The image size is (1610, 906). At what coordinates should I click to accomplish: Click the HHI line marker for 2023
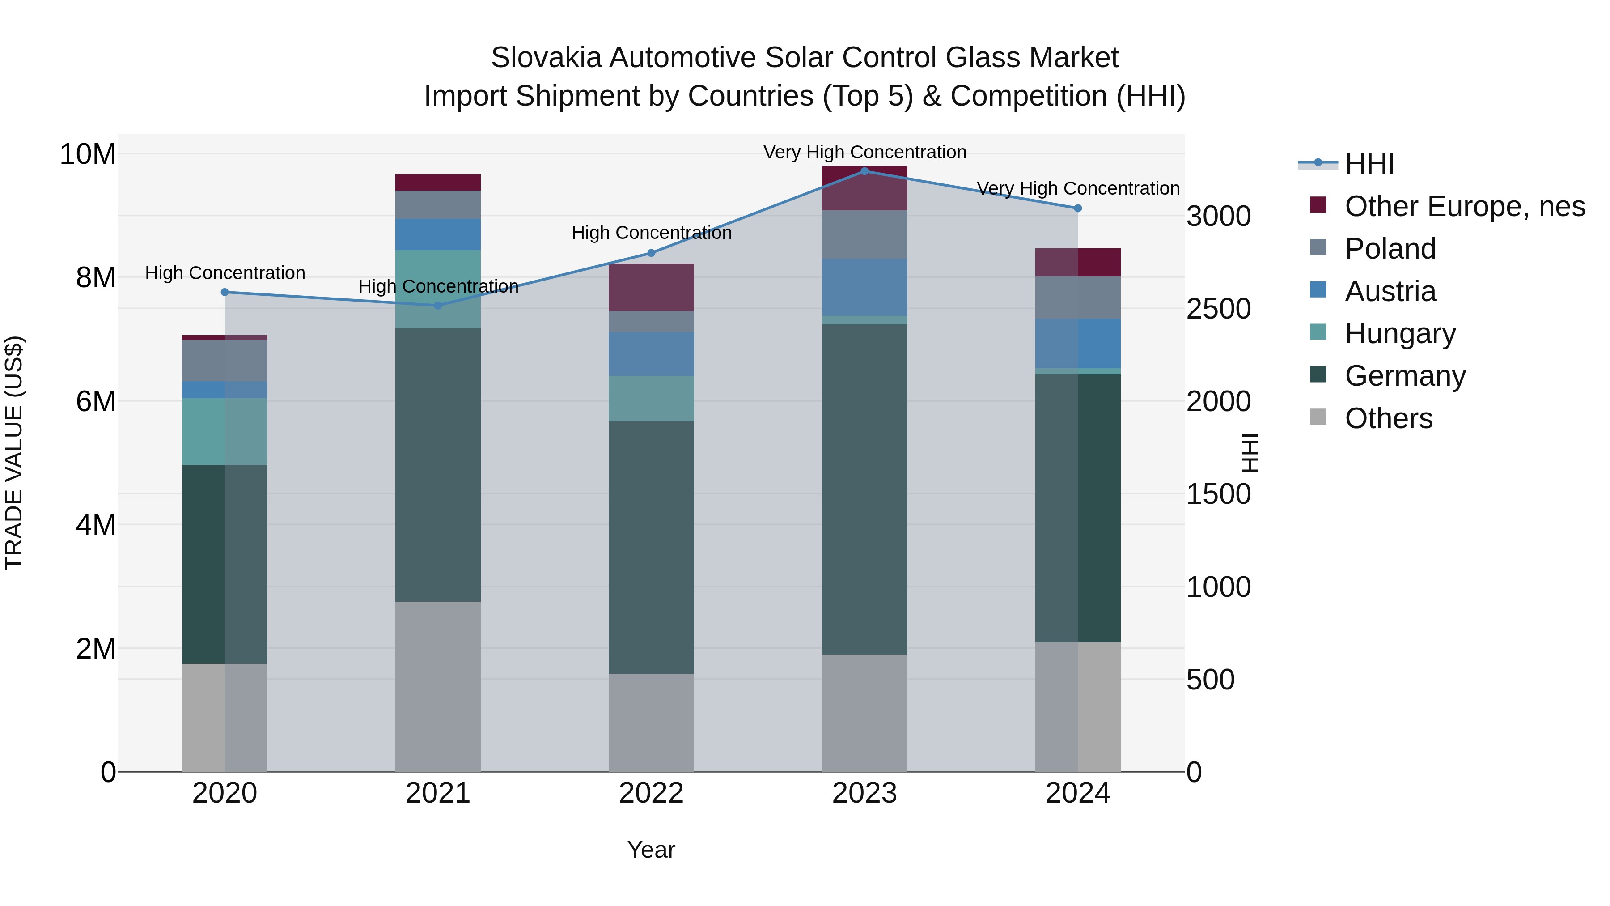click(864, 171)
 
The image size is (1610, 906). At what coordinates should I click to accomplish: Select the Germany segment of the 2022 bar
click(651, 547)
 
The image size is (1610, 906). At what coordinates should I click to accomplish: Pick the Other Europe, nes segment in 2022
click(651, 287)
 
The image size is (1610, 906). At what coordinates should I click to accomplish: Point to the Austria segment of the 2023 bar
click(864, 287)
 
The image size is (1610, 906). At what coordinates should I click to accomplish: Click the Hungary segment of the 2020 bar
click(225, 431)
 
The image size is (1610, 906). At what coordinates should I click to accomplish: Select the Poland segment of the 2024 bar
click(1077, 297)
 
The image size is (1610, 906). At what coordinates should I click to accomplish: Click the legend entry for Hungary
click(1400, 333)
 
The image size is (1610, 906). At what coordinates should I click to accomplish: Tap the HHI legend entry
click(1369, 164)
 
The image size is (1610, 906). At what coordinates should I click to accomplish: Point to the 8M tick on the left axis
click(95, 277)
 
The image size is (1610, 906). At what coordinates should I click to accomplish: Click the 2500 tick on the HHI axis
click(1218, 309)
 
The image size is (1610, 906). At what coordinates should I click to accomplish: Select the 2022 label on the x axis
click(651, 793)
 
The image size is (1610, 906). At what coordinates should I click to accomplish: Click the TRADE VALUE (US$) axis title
click(14, 453)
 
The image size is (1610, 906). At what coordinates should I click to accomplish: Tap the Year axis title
click(651, 850)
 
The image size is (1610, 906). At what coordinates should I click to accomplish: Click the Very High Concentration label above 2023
click(864, 152)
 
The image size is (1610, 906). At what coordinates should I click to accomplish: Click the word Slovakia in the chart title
click(546, 58)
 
